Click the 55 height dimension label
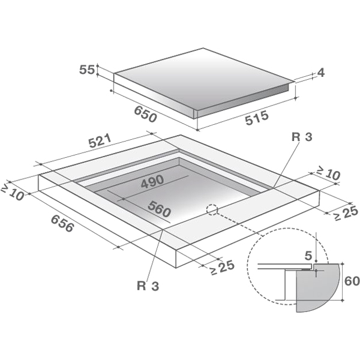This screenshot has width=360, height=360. coord(87,70)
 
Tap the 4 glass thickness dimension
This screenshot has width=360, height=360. coord(321,73)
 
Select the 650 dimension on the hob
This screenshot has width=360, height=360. coord(146,114)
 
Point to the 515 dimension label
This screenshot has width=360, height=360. coord(257,118)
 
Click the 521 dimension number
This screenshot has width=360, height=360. coord(100,141)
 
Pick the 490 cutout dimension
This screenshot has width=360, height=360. coord(152,182)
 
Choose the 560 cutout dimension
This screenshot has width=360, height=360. coord(160,209)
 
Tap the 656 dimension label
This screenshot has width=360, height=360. coord(62,223)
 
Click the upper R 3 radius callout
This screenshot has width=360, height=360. coord(302,137)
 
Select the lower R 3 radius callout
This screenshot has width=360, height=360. coord(148,286)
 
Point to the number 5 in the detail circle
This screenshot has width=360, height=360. coord(308,256)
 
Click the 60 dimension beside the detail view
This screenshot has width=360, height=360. coord(352,281)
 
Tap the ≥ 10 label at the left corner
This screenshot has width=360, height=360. coord(13,192)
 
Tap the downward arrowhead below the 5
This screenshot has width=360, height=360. coord(316,260)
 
